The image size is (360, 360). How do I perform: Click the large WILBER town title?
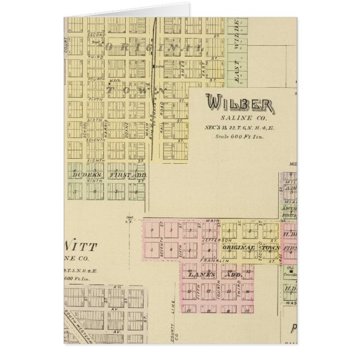[x=239, y=104]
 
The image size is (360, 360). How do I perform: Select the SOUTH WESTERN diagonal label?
[x=74, y=321]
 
